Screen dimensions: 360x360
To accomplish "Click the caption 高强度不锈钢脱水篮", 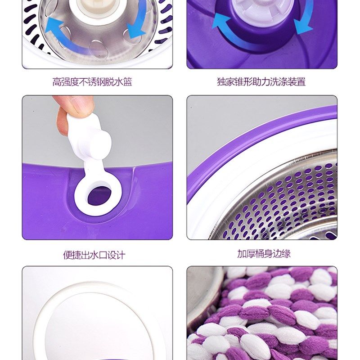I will (x=92, y=82).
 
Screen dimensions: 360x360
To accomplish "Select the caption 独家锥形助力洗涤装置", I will (x=261, y=82).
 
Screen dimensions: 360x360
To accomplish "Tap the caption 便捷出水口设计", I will (x=94, y=255).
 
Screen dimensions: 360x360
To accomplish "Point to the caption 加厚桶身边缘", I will (x=264, y=253).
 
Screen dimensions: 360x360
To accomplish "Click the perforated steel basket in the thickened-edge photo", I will (x=288, y=198).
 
